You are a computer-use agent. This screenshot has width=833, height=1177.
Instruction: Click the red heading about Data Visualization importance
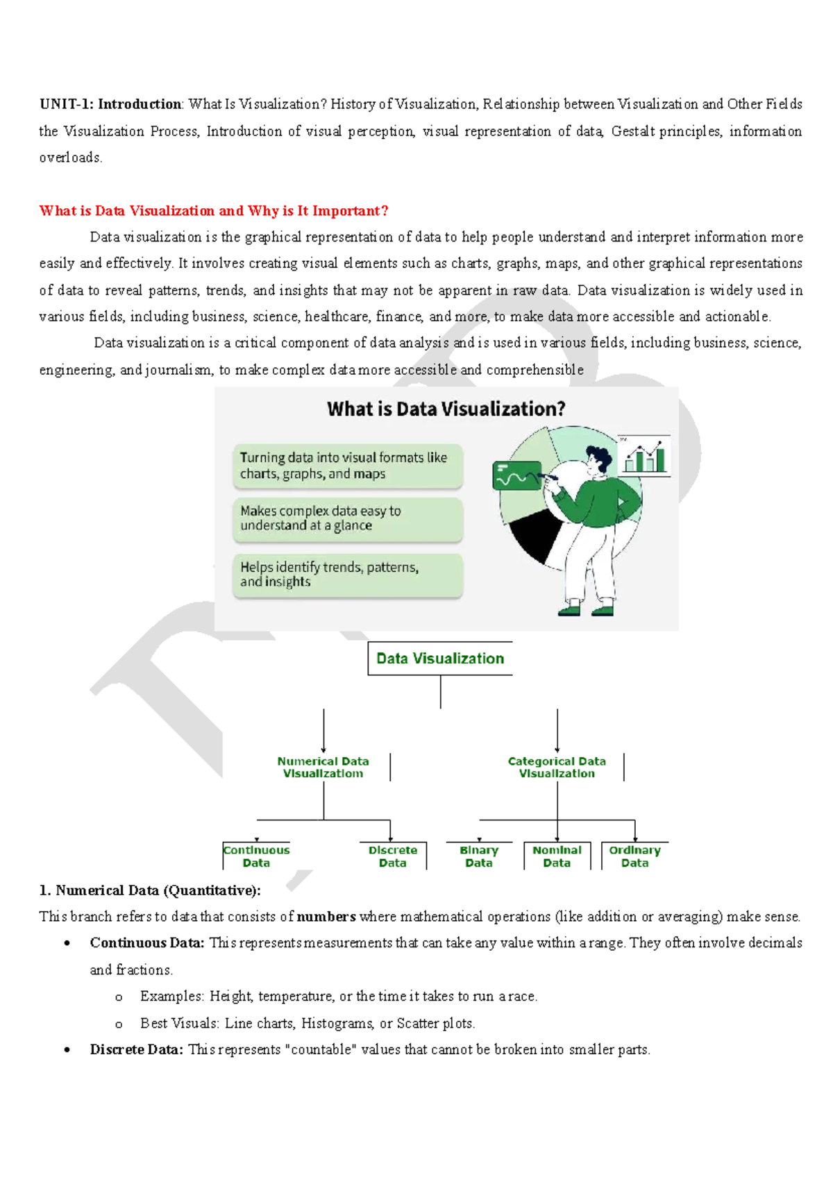(x=213, y=211)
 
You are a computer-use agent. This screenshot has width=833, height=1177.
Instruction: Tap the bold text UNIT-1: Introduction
(x=110, y=104)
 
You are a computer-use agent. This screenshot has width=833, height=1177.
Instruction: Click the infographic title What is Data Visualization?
(x=446, y=409)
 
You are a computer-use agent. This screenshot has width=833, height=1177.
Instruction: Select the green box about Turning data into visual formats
(x=347, y=466)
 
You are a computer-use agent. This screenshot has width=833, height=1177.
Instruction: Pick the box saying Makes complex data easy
(x=347, y=518)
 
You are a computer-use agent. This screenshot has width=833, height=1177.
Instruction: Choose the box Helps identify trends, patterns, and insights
(x=347, y=575)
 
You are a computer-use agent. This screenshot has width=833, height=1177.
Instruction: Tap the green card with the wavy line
(x=516, y=476)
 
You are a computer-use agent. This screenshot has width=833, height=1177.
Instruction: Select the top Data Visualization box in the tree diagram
(x=440, y=659)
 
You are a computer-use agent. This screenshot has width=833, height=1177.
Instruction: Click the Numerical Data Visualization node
(x=323, y=767)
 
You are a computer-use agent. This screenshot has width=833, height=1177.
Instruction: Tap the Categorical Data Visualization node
(x=557, y=767)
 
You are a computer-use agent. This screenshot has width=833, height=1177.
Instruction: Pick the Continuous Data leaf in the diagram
(x=256, y=856)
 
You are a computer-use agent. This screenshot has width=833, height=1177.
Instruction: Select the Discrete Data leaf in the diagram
(x=392, y=856)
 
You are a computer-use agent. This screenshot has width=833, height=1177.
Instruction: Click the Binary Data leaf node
(x=479, y=856)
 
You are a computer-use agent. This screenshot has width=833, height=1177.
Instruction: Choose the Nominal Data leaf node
(x=557, y=856)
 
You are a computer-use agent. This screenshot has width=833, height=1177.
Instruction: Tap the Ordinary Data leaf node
(x=634, y=856)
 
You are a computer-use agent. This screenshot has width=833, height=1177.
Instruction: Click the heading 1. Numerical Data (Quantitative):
(x=150, y=890)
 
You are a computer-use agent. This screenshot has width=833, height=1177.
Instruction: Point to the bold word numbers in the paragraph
(x=326, y=917)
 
